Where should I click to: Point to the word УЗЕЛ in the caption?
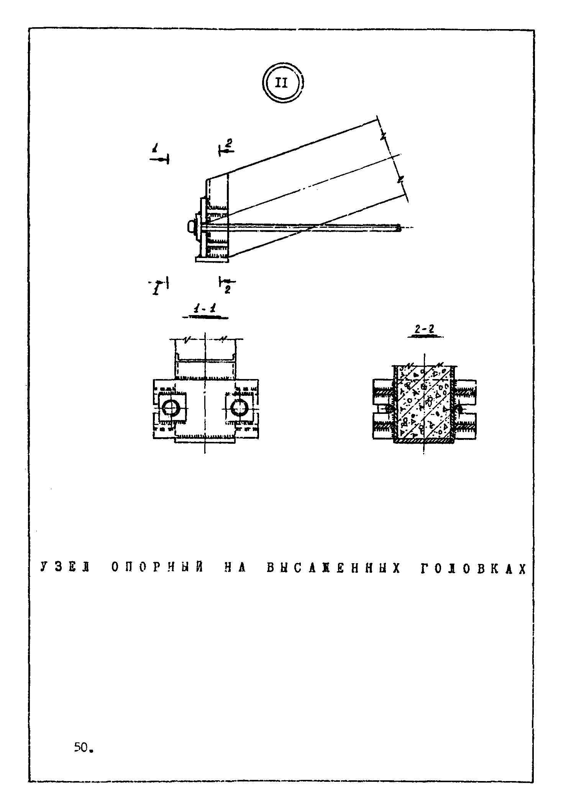[x=64, y=568]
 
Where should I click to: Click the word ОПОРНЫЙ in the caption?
[x=157, y=568]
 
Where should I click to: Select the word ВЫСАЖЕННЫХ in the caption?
[x=333, y=568]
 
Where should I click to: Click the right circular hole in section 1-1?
[x=240, y=408]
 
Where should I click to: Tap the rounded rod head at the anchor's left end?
[x=190, y=227]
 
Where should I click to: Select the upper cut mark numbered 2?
[x=227, y=147]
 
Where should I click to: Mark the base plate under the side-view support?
[x=212, y=260]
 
